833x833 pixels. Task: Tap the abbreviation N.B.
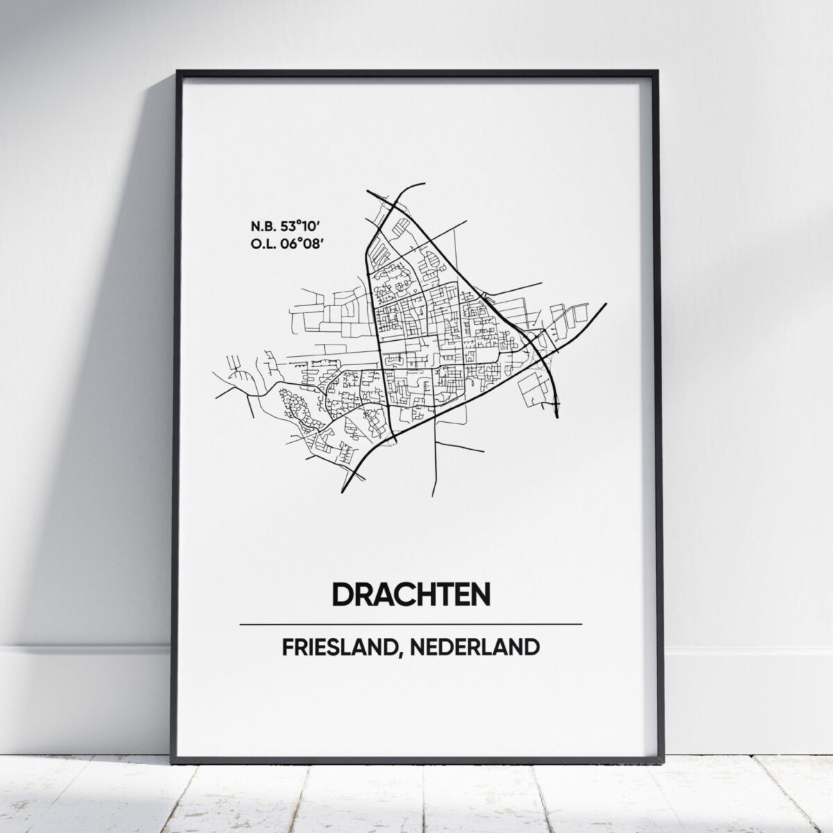pos(262,226)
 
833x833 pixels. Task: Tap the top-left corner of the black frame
pos(178,71)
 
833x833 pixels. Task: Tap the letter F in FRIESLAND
pos(287,647)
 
